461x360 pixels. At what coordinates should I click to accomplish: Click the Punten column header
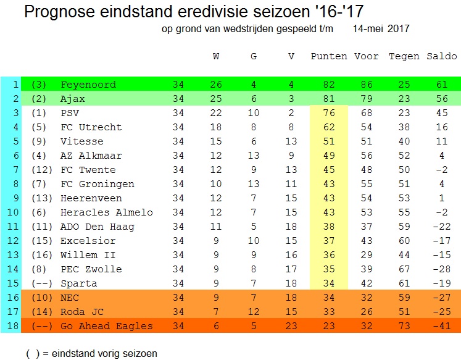[329, 57]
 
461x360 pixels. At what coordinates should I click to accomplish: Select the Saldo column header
[442, 57]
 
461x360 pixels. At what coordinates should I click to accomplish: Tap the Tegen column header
[404, 57]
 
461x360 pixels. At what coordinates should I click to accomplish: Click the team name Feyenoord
[88, 85]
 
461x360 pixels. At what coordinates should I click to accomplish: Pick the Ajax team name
[73, 99]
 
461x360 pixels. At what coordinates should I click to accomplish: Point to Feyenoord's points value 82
[329, 85]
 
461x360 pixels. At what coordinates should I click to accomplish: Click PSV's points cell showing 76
[329, 113]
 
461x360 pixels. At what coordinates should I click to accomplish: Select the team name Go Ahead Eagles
[106, 326]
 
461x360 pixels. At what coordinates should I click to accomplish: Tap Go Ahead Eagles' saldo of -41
[442, 326]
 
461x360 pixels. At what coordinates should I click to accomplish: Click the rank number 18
[10, 326]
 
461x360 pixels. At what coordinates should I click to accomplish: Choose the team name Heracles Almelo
[106, 212]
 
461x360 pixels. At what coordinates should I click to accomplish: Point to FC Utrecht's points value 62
[329, 127]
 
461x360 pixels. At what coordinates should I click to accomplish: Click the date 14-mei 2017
[381, 28]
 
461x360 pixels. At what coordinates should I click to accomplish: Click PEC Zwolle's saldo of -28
[442, 269]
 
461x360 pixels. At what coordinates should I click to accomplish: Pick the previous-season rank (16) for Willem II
[41, 255]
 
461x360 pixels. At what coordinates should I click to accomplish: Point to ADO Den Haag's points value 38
[329, 227]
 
